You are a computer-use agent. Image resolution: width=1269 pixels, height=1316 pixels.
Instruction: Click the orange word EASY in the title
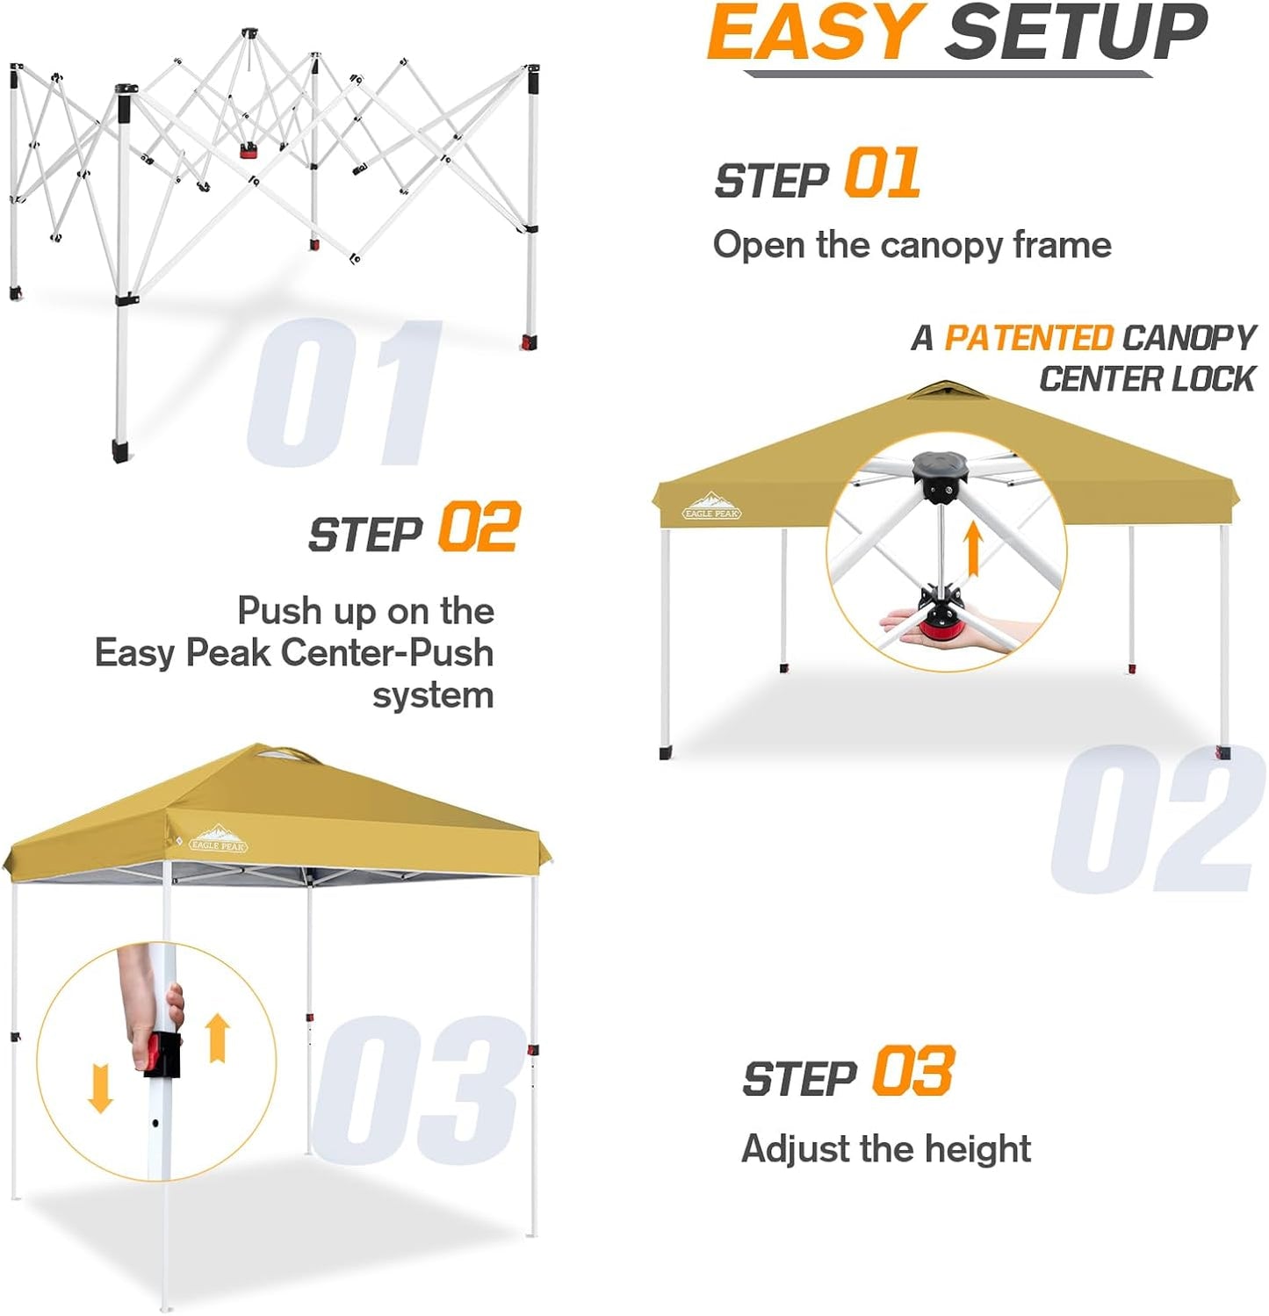coord(814,33)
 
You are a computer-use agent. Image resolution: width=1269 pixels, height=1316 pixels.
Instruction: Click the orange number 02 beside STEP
coord(479,527)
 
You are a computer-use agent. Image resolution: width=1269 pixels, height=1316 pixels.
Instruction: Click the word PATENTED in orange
coord(1027,338)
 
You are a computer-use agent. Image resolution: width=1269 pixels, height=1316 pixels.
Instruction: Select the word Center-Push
coord(386,653)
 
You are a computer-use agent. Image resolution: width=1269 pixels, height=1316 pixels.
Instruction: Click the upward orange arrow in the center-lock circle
coord(972,547)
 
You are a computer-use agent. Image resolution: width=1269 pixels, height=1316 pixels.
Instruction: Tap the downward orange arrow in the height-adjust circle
coord(100,1088)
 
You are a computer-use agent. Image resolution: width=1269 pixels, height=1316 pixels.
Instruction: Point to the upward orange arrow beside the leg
coord(218,1038)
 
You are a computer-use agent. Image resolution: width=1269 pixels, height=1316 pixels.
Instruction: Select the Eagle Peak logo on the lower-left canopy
coord(218,839)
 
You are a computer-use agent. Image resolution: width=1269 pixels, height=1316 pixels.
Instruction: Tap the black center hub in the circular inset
coord(940,474)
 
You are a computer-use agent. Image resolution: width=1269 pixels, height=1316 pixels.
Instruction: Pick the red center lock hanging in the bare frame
coord(249,151)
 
